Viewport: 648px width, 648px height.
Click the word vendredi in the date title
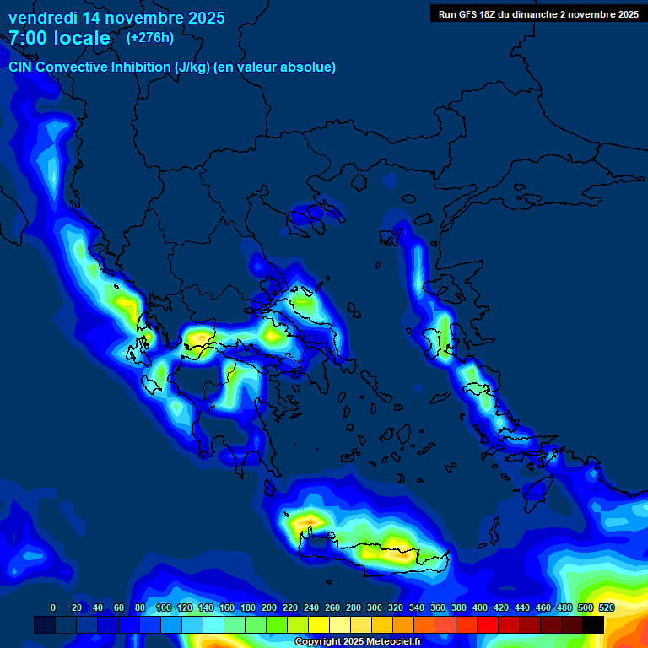pyautogui.click(x=42, y=17)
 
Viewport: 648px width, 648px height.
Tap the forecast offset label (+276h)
pyautogui.click(x=150, y=37)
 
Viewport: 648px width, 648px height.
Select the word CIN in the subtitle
pyautogui.click(x=21, y=67)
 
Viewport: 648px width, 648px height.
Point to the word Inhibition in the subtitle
pyautogui.click(x=140, y=67)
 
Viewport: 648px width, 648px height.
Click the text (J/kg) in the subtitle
pyautogui.click(x=192, y=67)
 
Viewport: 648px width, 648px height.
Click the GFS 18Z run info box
pyautogui.click(x=538, y=13)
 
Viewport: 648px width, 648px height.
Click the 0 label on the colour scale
pyautogui.click(x=53, y=607)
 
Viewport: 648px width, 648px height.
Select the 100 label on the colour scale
pyautogui.click(x=163, y=607)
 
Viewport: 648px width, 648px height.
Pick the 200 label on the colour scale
pyautogui.click(x=269, y=607)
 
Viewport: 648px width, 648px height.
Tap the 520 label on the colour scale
pyautogui.click(x=607, y=607)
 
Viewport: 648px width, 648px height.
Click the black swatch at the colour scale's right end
pyautogui.click(x=593, y=625)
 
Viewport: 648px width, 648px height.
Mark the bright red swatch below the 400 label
pyautogui.click(x=488, y=625)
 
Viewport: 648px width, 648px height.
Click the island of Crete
pyautogui.click(x=380, y=553)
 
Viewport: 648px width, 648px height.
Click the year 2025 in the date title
pyautogui.click(x=202, y=17)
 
